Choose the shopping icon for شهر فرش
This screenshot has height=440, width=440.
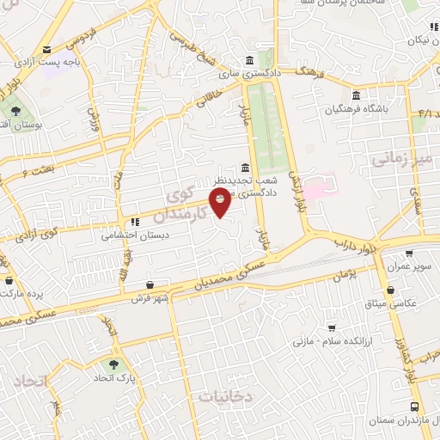click(x=151, y=285)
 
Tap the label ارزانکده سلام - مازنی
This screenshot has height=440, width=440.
click(x=329, y=342)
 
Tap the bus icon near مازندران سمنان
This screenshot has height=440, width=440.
click(x=416, y=408)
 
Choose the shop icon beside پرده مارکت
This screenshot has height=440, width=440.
click(x=9, y=280)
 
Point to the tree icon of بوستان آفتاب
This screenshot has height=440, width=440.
click(x=15, y=111)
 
